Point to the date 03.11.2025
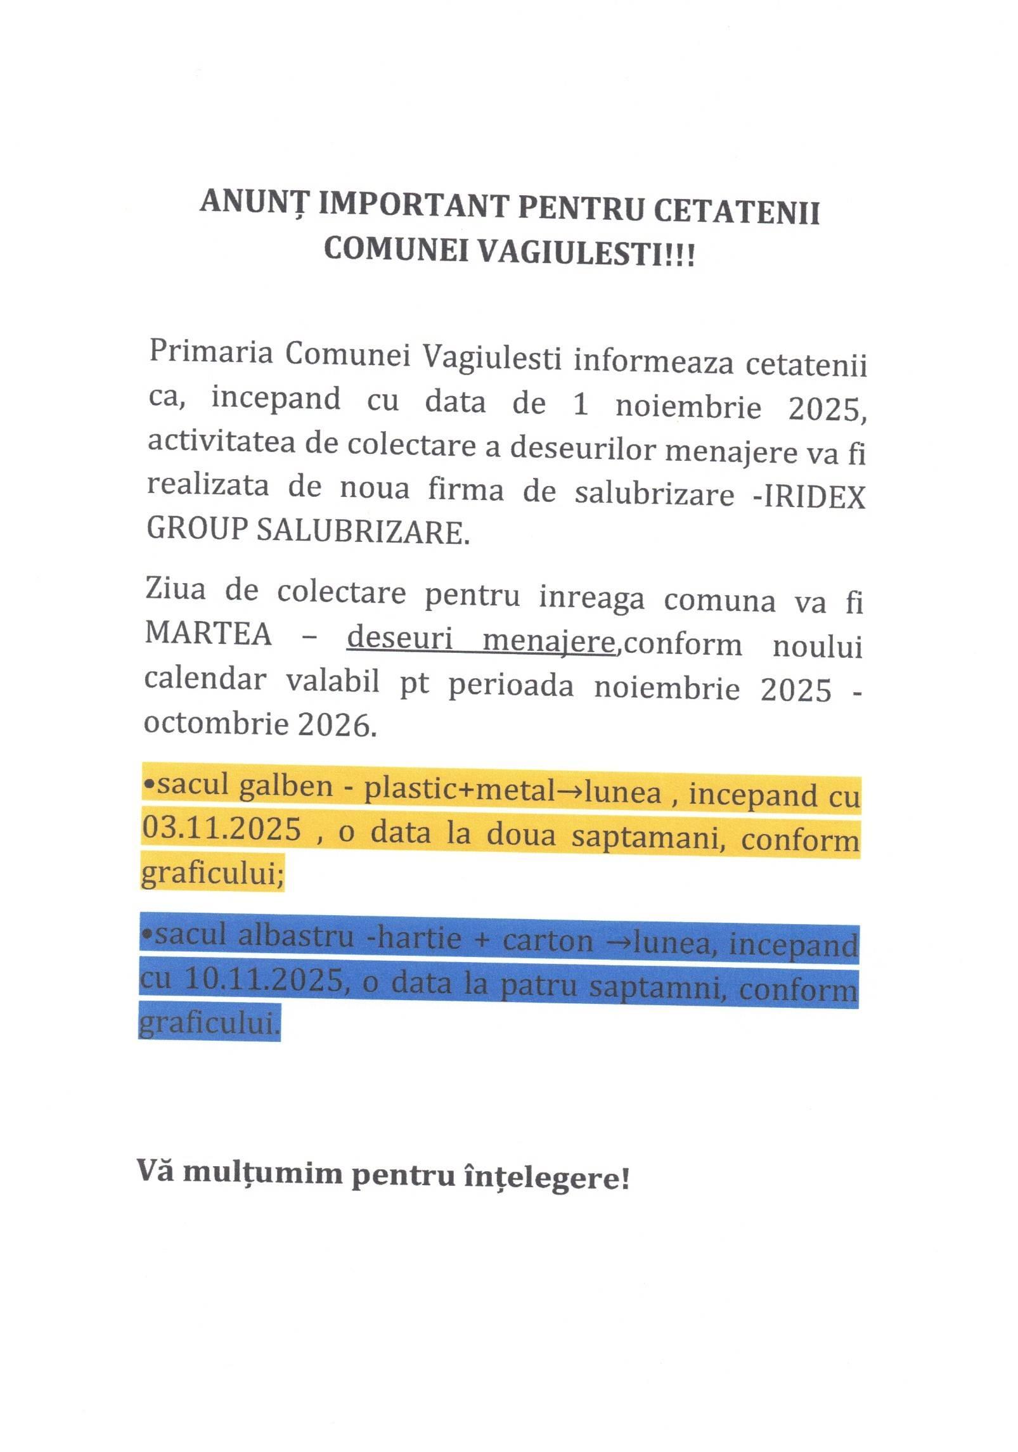(221, 829)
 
